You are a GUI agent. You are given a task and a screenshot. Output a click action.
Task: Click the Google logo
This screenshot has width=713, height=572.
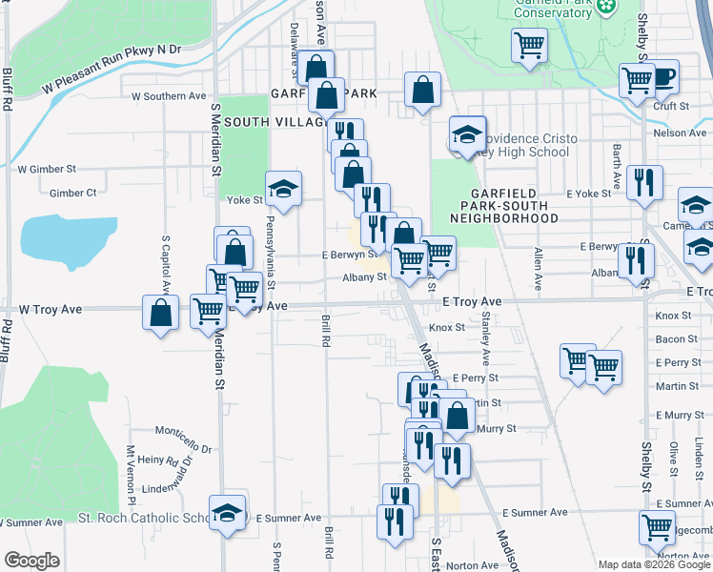(x=31, y=560)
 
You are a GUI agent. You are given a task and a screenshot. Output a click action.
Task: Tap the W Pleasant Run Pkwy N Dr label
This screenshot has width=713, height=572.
(x=111, y=68)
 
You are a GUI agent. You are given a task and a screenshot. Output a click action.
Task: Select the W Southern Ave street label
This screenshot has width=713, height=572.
(x=169, y=96)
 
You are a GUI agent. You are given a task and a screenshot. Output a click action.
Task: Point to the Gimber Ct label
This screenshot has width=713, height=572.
(x=72, y=193)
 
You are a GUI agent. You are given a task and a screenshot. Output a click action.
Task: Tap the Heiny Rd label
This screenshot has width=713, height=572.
(x=159, y=460)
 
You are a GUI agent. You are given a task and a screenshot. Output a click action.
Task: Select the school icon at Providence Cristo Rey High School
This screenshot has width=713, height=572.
(x=467, y=135)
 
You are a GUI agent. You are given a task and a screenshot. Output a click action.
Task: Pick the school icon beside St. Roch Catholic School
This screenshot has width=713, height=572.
(x=228, y=513)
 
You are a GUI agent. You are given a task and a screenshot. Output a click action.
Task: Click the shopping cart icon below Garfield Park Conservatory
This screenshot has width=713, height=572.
(x=529, y=45)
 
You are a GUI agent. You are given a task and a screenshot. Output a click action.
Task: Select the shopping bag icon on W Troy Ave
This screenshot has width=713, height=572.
(x=161, y=312)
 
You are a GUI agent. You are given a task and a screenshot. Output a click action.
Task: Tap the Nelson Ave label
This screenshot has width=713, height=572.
(x=681, y=133)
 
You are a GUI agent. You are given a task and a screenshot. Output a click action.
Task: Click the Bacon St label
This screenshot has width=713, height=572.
(x=678, y=338)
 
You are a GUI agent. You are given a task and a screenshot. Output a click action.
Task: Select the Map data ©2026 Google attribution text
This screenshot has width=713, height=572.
(x=653, y=563)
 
